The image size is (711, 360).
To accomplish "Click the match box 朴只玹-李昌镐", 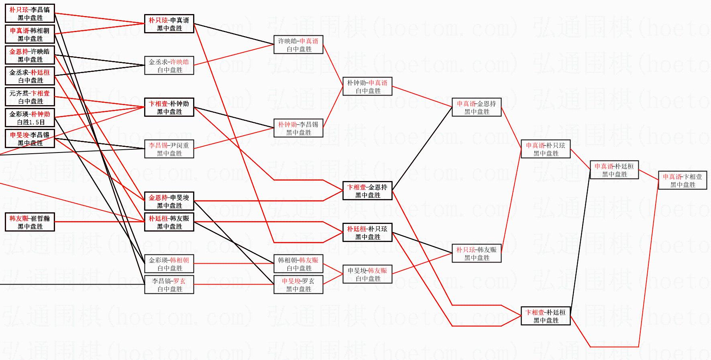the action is point(30,14).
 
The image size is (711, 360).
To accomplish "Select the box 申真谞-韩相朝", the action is point(30,35).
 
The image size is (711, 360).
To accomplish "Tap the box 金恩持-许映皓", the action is point(30,55).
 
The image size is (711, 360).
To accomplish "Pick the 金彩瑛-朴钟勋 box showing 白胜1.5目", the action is point(30,118).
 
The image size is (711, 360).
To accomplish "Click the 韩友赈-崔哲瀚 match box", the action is point(30,222).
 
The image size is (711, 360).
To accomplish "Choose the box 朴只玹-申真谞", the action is point(169,24).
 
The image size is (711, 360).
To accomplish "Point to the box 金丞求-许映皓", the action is point(169,66).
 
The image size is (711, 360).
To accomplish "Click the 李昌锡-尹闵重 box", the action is point(169,149).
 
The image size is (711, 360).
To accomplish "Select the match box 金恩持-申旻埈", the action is point(169,201).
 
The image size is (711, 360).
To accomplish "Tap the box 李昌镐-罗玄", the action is point(169,285).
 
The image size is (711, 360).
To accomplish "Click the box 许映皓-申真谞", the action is point(298,45).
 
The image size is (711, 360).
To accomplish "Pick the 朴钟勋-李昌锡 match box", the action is point(298,128).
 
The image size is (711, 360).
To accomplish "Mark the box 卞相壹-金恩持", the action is point(367,191).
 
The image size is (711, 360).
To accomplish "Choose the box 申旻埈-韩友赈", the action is point(367,275).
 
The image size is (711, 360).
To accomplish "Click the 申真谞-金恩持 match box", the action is point(477,108).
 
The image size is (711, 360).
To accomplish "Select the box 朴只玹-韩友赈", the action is point(477,254).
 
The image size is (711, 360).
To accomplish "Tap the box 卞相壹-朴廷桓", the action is point(546,316).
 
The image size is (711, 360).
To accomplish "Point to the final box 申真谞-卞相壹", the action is point(682,181).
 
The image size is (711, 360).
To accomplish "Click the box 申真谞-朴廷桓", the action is point(614,170).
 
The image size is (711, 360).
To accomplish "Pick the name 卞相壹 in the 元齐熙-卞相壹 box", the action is point(41,94).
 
